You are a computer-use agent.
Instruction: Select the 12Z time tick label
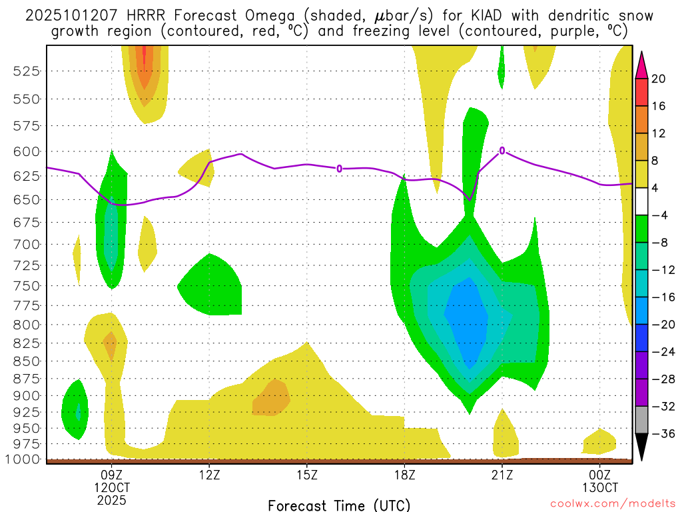tap(209, 475)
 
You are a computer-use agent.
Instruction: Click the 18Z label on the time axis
tap(404, 475)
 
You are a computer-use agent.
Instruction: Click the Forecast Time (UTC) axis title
tap(339, 505)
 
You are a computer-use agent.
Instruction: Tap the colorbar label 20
tap(659, 79)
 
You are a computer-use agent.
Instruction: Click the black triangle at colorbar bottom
tap(642, 447)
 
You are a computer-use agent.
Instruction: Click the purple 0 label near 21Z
tap(502, 151)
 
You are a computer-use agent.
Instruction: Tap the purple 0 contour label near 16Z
tap(339, 169)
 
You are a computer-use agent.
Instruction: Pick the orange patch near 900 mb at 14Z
tap(272, 398)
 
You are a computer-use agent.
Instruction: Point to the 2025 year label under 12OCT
tap(111, 499)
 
